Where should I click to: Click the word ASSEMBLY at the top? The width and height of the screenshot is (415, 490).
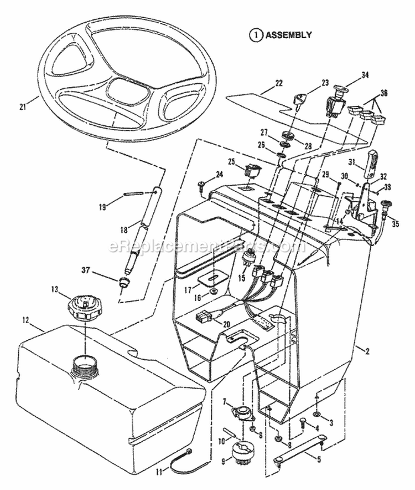coord(288,35)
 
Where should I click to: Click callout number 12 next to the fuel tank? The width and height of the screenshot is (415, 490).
coord(25,320)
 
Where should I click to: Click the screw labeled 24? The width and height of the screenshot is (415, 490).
coord(202,183)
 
